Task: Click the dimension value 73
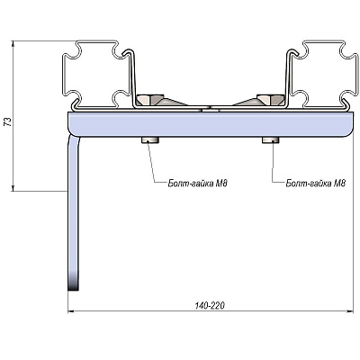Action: click(x=9, y=121)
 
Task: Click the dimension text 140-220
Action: click(x=210, y=306)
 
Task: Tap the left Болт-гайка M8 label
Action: click(x=197, y=183)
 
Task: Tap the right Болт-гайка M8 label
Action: click(x=316, y=183)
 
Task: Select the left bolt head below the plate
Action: click(x=150, y=140)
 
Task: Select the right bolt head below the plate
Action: click(x=271, y=140)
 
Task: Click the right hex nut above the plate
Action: click(x=271, y=100)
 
